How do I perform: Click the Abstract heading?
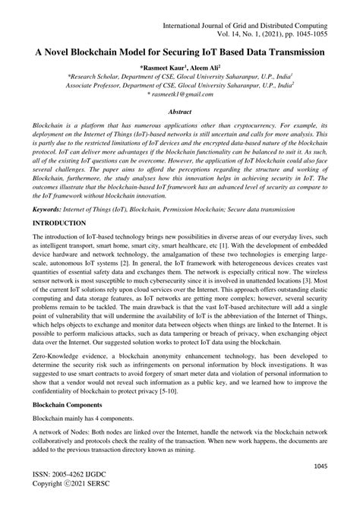[x=180, y=111]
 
